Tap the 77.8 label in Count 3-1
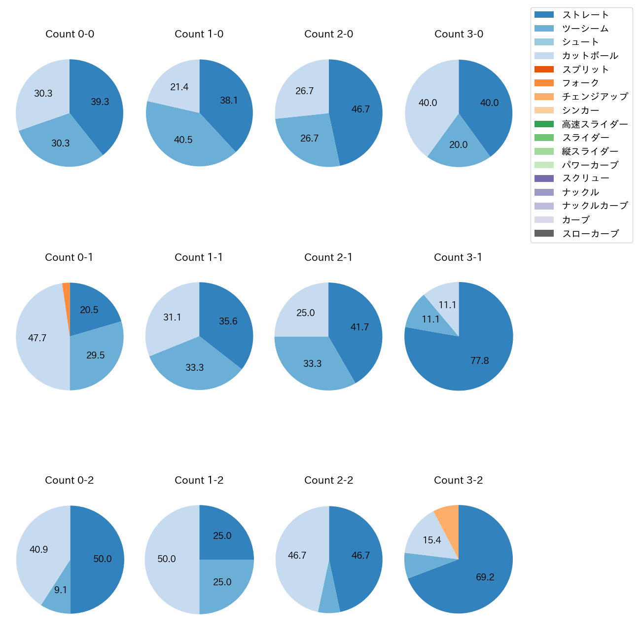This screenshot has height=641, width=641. [x=479, y=360]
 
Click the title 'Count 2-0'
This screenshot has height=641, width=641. [x=328, y=34]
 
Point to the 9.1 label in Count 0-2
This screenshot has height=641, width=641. [x=61, y=590]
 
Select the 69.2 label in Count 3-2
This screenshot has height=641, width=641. [x=485, y=577]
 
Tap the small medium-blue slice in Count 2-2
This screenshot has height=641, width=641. [x=329, y=599]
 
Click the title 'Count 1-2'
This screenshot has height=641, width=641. [x=199, y=480]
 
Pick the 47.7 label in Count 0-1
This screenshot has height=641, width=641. [x=37, y=338]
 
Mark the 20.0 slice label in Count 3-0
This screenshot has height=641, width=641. [x=458, y=144]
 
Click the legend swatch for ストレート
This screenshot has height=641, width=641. [x=544, y=15]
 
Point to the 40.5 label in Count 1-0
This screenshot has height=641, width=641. [x=183, y=140]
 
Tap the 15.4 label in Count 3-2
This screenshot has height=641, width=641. [x=431, y=540]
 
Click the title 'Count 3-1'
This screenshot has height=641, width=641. [x=458, y=257]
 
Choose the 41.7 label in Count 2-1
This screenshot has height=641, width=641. [x=359, y=327]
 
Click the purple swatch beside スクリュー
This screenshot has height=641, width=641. [x=544, y=178]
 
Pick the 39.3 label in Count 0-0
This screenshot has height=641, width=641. [x=100, y=102]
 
